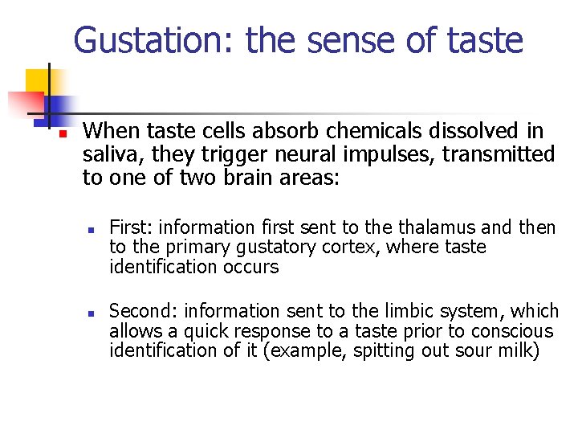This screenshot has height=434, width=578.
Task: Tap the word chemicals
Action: [x=340, y=131]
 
